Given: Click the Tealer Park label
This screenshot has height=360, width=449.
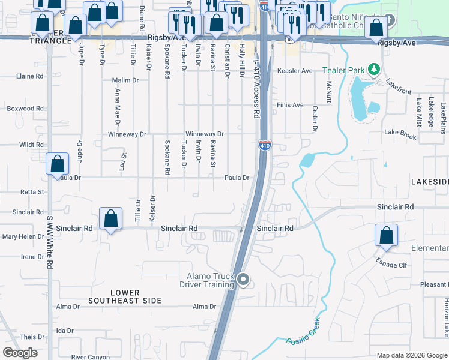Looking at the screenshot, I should point(344,70).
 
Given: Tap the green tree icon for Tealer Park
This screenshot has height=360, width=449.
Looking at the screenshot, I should point(374,70).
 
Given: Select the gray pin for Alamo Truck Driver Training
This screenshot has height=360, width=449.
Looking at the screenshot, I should point(243,280).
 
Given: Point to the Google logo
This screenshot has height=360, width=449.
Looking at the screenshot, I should point(20,353).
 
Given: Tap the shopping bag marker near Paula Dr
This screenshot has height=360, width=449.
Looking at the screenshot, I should point(57,164).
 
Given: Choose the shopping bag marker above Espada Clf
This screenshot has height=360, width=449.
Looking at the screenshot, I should point(386,235).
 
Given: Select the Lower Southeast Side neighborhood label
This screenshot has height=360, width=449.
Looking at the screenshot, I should point(125,296).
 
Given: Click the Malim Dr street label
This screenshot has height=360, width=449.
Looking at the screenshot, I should point(125,80).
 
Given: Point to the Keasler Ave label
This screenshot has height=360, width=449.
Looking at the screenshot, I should point(295,71).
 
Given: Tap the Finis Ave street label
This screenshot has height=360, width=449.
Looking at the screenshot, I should point(290,105).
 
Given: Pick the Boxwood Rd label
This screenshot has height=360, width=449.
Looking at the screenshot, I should point(25,109).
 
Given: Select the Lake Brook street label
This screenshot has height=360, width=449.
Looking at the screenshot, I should point(400,134).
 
